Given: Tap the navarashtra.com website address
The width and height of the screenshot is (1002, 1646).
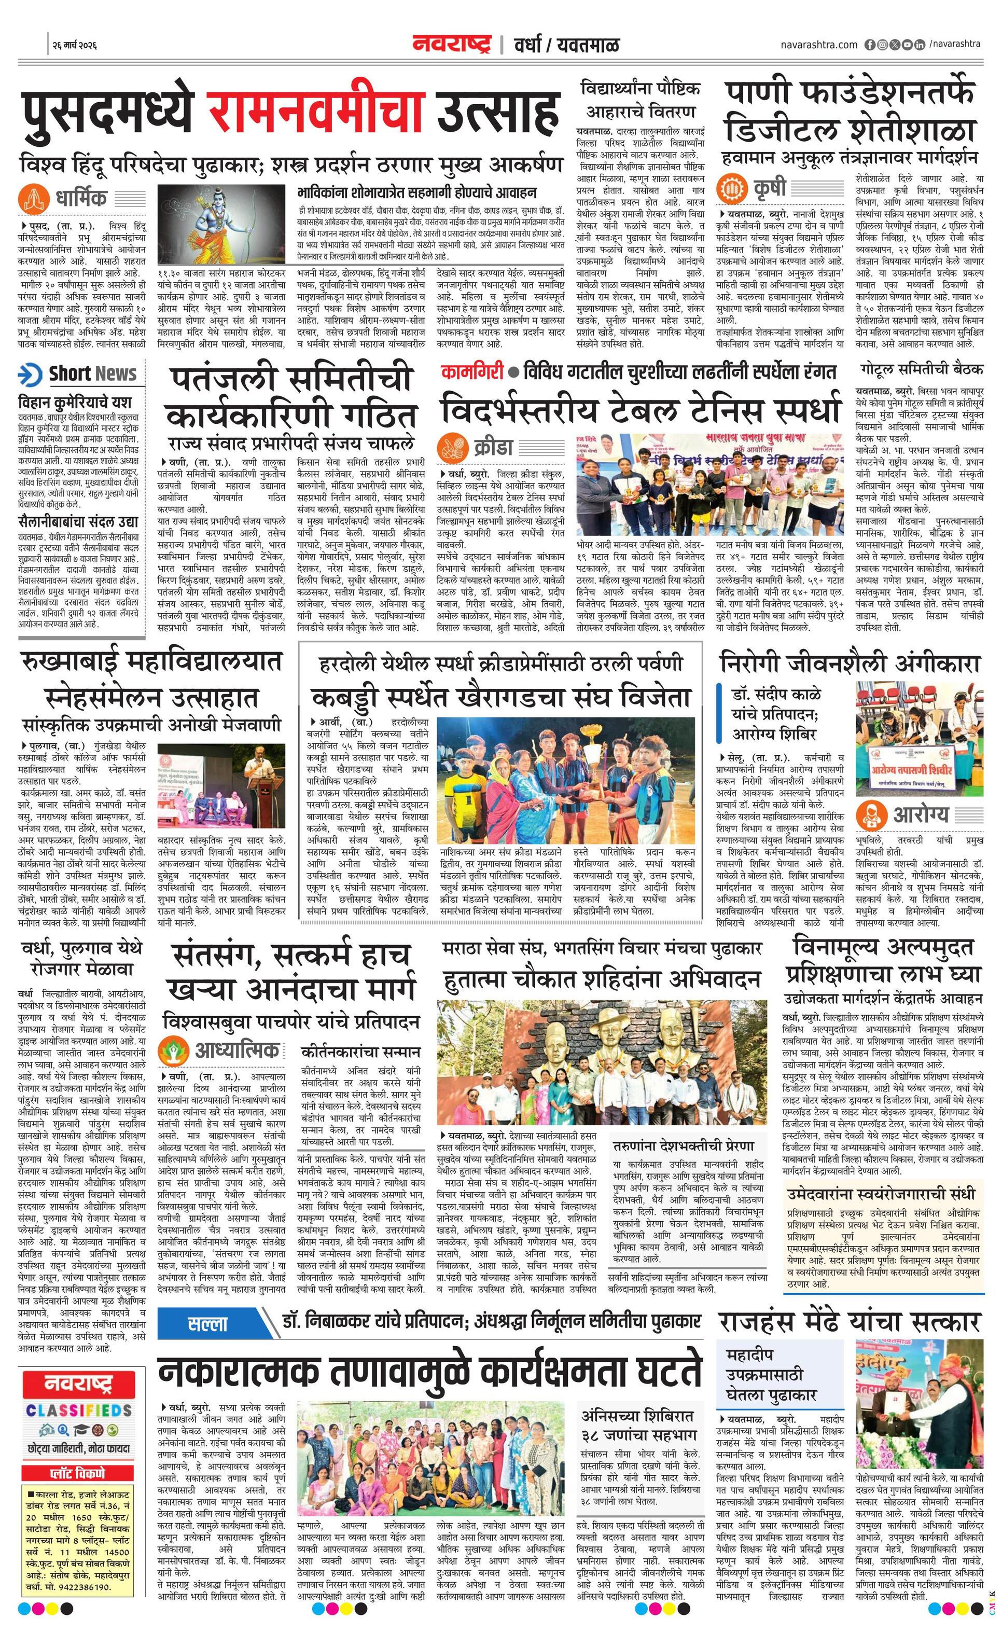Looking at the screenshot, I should click(818, 45).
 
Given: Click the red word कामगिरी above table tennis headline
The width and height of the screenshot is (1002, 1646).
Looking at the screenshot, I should click(471, 371).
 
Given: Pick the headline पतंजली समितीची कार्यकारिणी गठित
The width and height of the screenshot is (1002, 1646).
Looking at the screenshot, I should click(292, 398).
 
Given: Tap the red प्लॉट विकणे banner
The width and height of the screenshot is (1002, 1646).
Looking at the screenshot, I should click(78, 1474).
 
